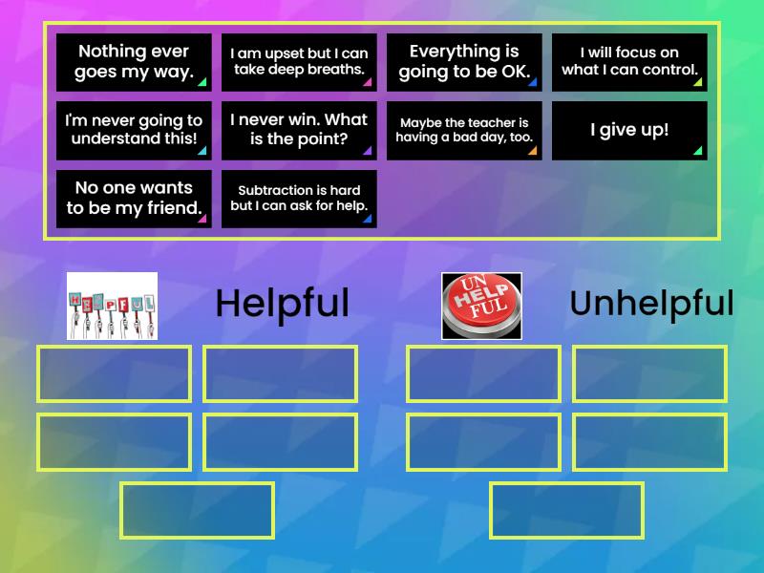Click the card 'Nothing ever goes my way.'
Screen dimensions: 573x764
pyautogui.click(x=134, y=62)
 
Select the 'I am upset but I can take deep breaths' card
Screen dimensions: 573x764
pyautogui.click(x=299, y=62)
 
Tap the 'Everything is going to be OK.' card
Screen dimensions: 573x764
pyautogui.click(x=464, y=62)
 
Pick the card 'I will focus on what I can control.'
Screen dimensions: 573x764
pyautogui.click(x=629, y=62)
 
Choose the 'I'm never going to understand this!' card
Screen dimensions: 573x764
pyautogui.click(x=134, y=131)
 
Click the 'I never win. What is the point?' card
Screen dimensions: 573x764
pyautogui.click(x=299, y=131)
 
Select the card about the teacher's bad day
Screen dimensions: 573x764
pyautogui.click(x=464, y=131)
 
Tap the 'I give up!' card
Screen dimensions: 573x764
pyautogui.click(x=629, y=131)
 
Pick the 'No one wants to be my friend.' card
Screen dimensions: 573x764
pyautogui.click(x=134, y=199)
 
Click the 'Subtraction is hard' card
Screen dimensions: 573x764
pyautogui.click(x=299, y=199)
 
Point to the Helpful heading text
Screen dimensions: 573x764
pyautogui.click(x=282, y=304)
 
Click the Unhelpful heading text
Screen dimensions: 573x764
pyautogui.click(x=651, y=304)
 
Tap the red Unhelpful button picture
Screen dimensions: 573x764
pyautogui.click(x=481, y=306)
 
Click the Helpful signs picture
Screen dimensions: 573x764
pyautogui.click(x=112, y=306)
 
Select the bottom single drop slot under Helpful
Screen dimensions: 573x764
pyautogui.click(x=198, y=510)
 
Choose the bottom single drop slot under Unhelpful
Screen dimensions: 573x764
pyautogui.click(x=567, y=510)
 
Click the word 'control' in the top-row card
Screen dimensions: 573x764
pyautogui.click(x=668, y=70)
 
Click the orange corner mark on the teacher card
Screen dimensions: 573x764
pyautogui.click(x=532, y=151)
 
